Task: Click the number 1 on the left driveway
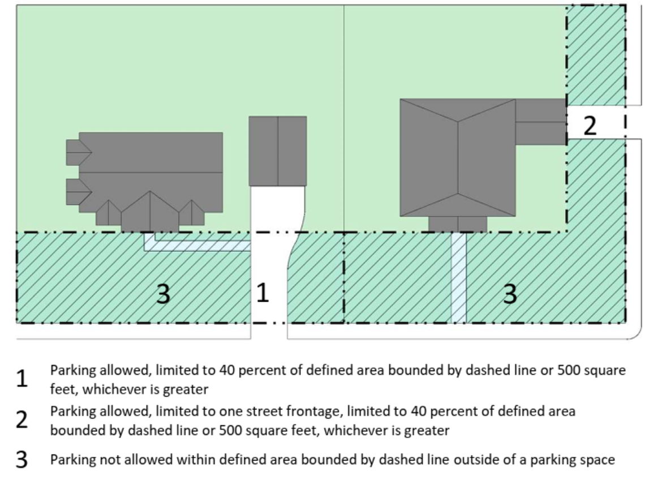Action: click(262, 293)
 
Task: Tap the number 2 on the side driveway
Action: click(590, 125)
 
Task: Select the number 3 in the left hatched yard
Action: click(163, 294)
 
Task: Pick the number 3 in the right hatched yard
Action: click(510, 294)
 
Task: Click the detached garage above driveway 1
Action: click(278, 151)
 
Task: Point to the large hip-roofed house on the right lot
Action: click(458, 157)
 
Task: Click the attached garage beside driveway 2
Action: click(540, 122)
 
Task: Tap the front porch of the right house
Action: click(458, 224)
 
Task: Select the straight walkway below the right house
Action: click(458, 277)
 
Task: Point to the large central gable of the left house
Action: click(150, 212)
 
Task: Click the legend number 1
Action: click(21, 379)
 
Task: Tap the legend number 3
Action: click(21, 460)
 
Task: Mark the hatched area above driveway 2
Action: click(595, 55)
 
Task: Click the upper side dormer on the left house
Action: click(78, 152)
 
